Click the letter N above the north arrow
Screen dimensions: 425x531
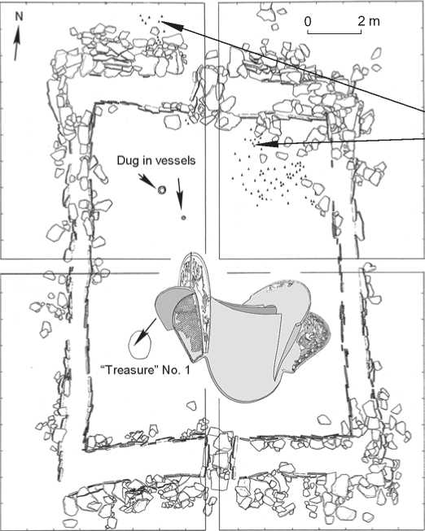point(19,16)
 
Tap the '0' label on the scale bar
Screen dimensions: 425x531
point(308,22)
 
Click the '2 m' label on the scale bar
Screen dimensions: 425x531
point(369,22)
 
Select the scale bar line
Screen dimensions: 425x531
point(335,33)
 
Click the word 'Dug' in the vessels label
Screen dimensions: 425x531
point(126,160)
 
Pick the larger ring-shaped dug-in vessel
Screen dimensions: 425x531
point(162,190)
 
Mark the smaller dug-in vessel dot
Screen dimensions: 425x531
point(183,218)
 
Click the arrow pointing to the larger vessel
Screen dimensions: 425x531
point(147,181)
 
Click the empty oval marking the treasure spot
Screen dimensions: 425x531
point(140,345)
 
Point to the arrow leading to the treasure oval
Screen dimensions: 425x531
point(145,332)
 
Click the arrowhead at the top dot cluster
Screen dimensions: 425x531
point(173,26)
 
